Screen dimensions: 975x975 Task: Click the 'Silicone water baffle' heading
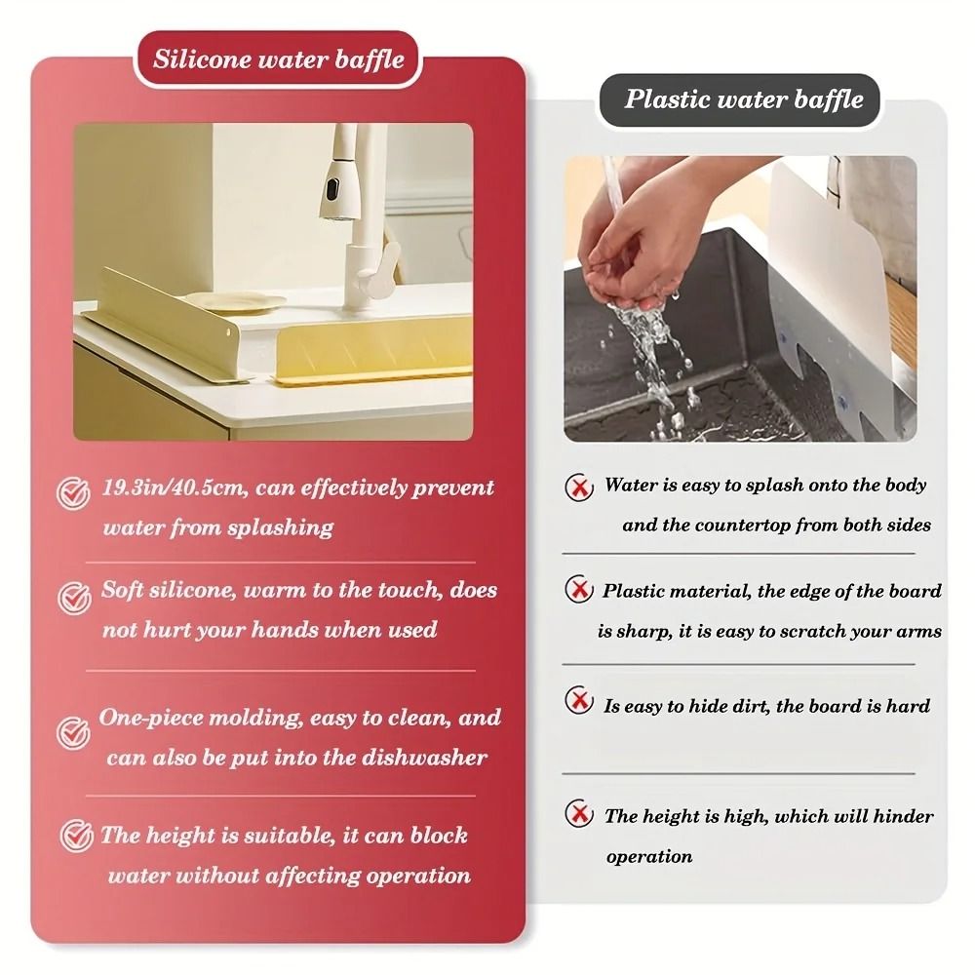tap(278, 59)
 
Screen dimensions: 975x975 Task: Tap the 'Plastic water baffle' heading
tap(743, 99)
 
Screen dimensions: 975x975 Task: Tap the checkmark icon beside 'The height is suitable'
tap(76, 837)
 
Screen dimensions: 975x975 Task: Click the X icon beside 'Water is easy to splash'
tap(580, 486)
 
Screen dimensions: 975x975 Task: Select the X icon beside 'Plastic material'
tap(580, 590)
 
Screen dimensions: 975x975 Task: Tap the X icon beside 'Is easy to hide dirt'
tap(580, 700)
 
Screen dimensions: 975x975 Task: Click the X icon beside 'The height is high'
tap(580, 812)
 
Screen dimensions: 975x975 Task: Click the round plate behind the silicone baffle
tap(234, 302)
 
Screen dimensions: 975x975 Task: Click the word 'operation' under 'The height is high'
tap(648, 857)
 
